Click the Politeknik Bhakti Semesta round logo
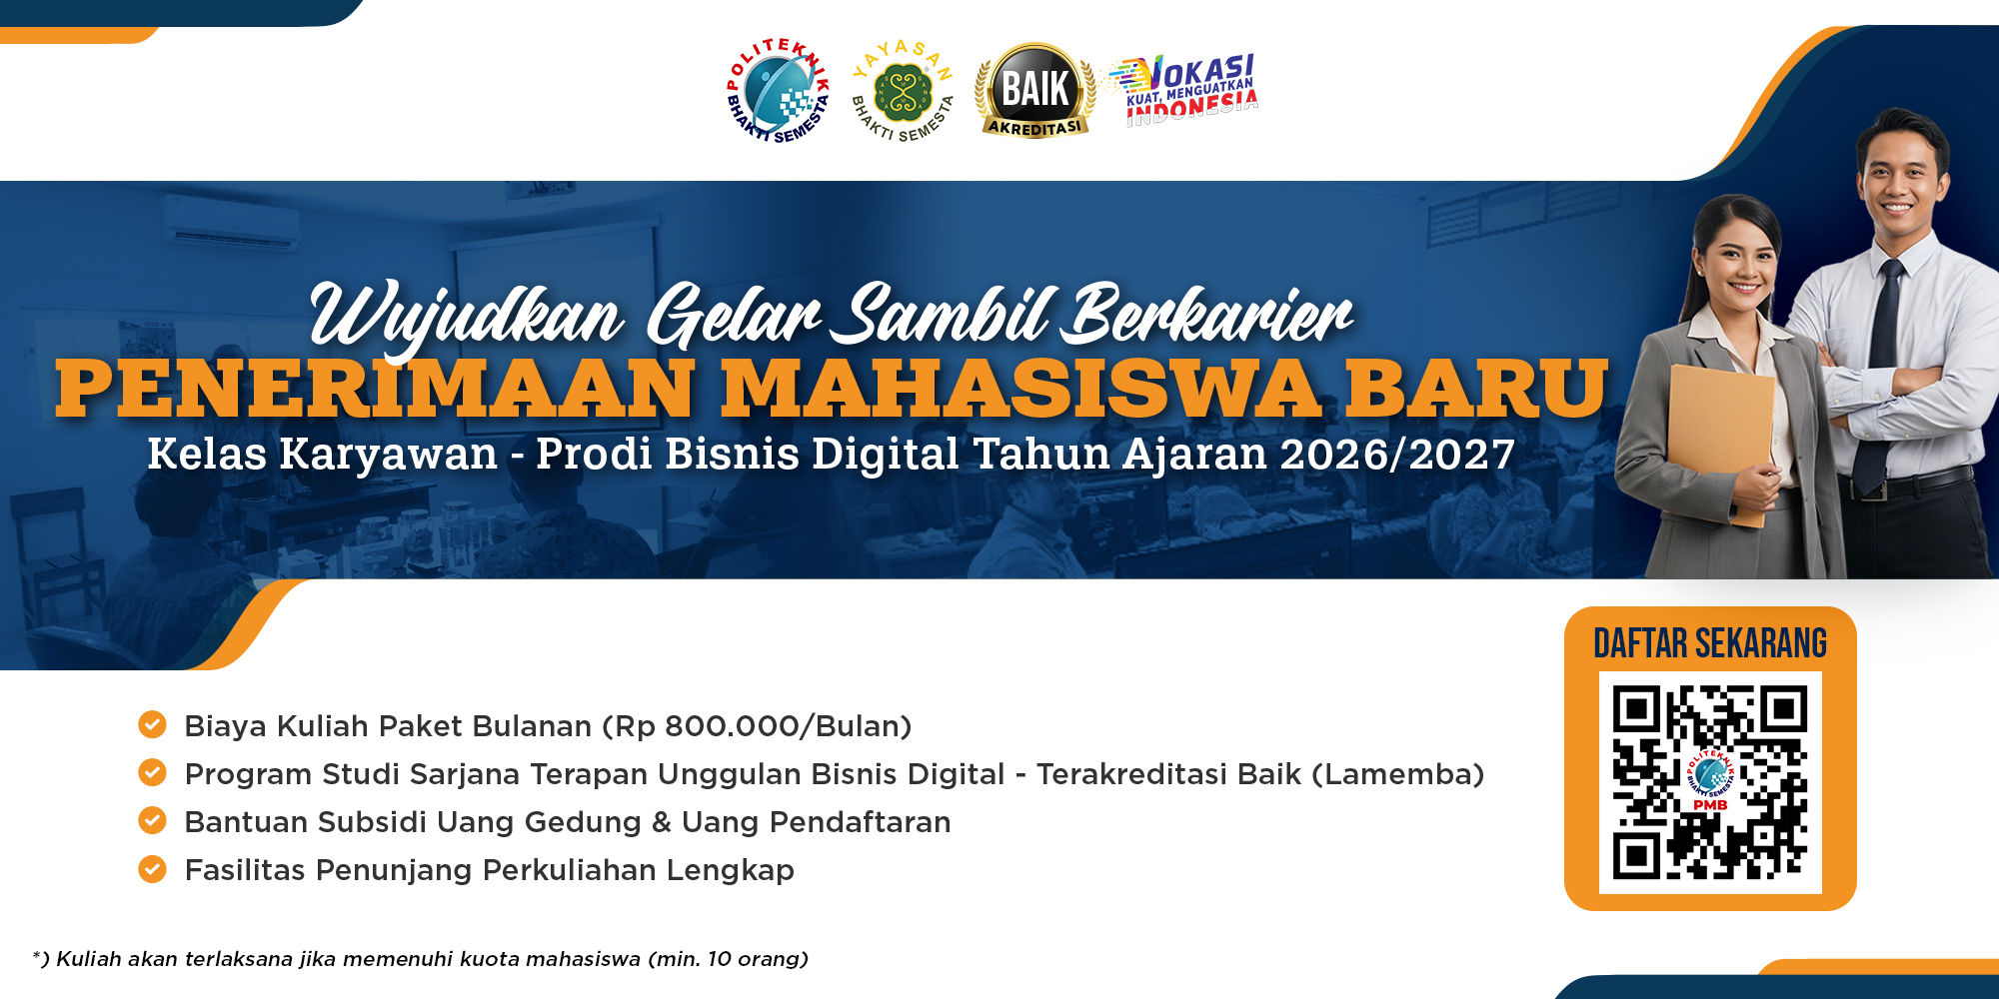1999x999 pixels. tap(779, 90)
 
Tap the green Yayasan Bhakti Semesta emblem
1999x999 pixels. tap(903, 91)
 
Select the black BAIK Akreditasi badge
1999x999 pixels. tap(1035, 90)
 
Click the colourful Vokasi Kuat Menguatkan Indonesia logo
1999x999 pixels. tap(1183, 89)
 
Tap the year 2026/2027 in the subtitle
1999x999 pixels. tap(1397, 454)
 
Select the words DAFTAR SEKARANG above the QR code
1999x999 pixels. tap(1710, 643)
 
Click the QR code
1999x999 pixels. tap(1710, 782)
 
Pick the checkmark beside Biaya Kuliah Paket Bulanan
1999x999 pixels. tap(152, 724)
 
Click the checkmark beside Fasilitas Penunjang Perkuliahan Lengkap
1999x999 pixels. tap(152, 869)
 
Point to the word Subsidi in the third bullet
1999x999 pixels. tap(369, 822)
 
